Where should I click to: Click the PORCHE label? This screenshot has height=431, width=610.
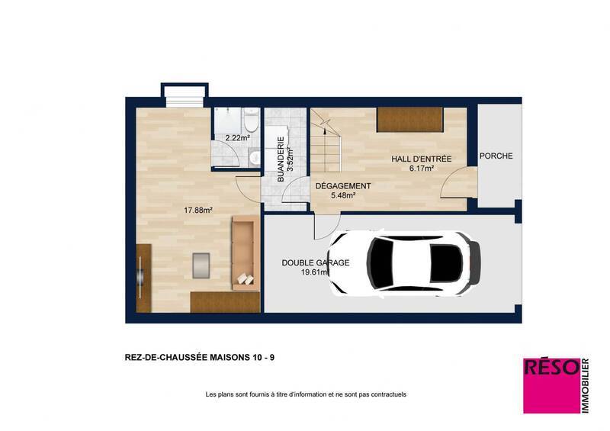pos(496,156)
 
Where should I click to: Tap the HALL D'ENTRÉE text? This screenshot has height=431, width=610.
pos(422,159)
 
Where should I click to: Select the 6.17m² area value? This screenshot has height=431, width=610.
pos(422,169)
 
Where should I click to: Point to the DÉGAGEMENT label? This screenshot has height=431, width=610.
pos(343,186)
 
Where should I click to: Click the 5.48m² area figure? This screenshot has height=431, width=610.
pos(343,196)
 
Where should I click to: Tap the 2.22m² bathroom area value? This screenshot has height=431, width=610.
pos(237,138)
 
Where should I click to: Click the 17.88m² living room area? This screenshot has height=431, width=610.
pos(197,210)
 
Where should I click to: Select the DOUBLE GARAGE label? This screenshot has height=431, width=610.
pos(315,262)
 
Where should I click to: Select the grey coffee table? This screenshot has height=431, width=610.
pos(202,264)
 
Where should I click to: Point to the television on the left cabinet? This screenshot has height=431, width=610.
pos(141,277)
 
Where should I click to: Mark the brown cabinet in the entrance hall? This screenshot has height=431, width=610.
pos(409,119)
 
